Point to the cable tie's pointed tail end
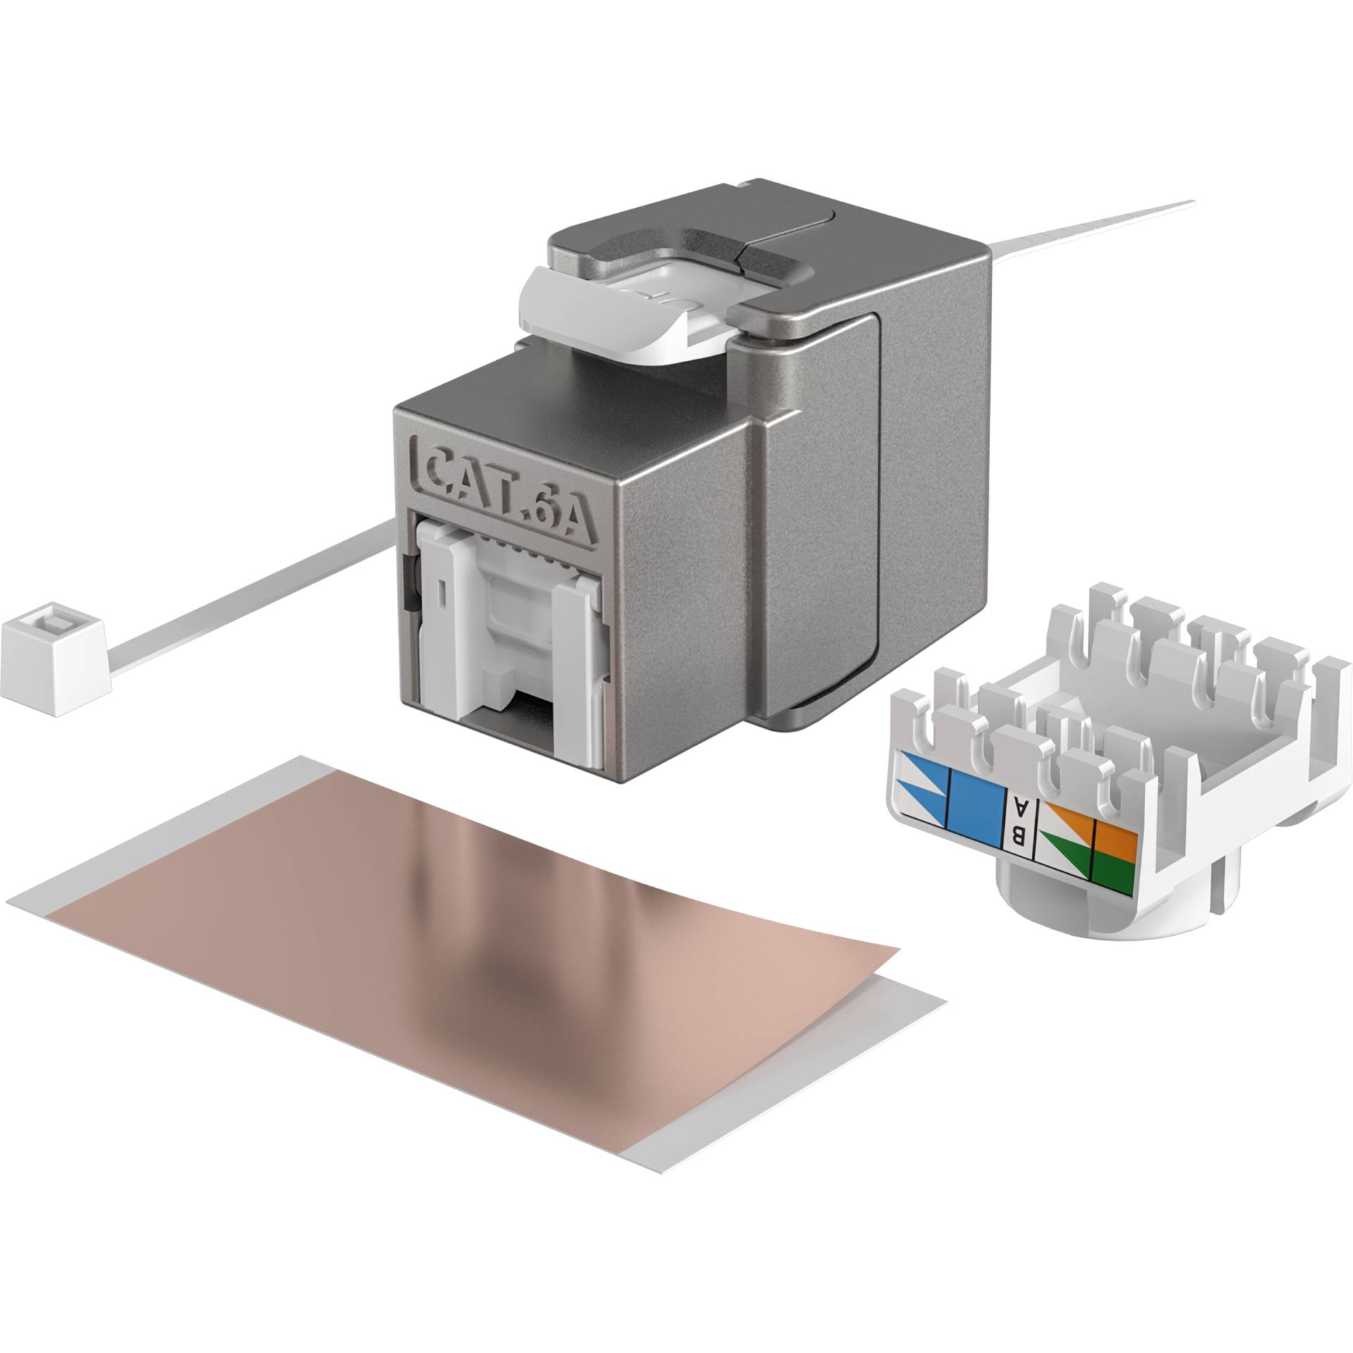pyautogui.click(x=1184, y=206)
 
